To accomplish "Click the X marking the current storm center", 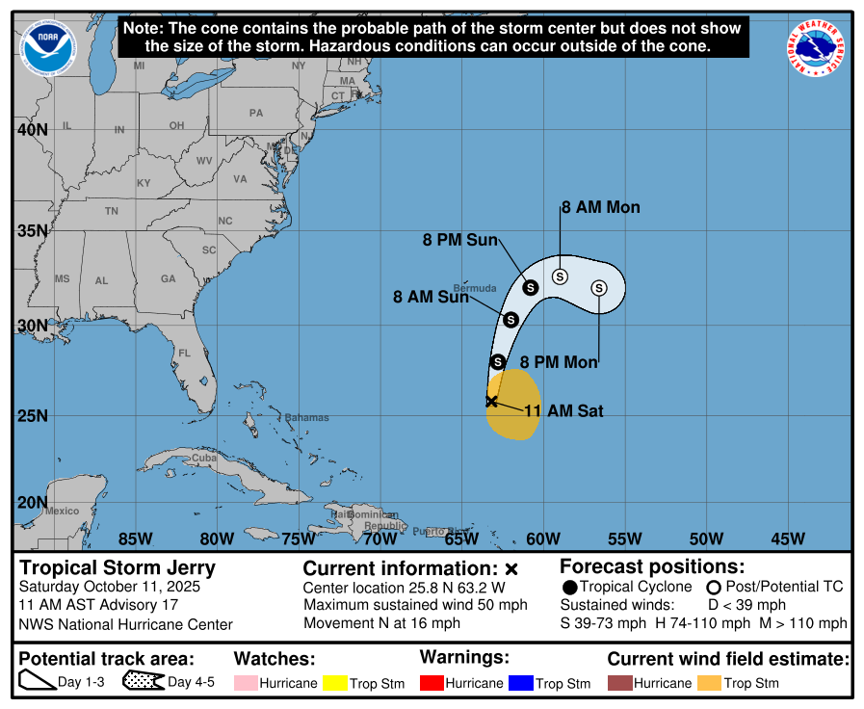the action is point(491,401).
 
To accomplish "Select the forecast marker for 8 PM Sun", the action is point(530,286).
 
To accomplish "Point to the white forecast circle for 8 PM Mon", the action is point(599,288).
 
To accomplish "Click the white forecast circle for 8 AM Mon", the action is point(560,276).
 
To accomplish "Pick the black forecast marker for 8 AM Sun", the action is point(511,320).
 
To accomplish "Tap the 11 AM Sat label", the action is point(563,410).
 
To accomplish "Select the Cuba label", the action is point(203,458).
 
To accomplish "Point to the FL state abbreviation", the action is point(184,354).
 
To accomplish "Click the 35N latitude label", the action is point(33,230).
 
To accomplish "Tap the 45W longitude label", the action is point(788,538).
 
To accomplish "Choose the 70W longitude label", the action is point(380,538).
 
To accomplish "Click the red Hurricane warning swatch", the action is point(432,683).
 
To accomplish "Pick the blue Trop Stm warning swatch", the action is point(520,683).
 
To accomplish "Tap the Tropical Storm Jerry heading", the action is point(118,567).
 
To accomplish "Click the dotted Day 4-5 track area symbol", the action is point(143,682).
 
